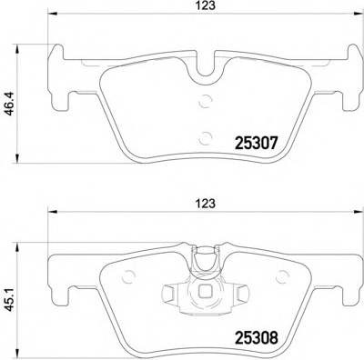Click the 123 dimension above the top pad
coord(207,5)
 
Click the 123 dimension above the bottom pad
coord(207,204)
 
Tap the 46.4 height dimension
coord(10,104)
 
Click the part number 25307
coord(256,143)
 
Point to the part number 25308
coord(256,338)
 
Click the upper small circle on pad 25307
coord(205,101)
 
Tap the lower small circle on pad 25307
coord(205,138)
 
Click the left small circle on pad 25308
coord(127,276)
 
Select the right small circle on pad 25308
coord(283,276)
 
